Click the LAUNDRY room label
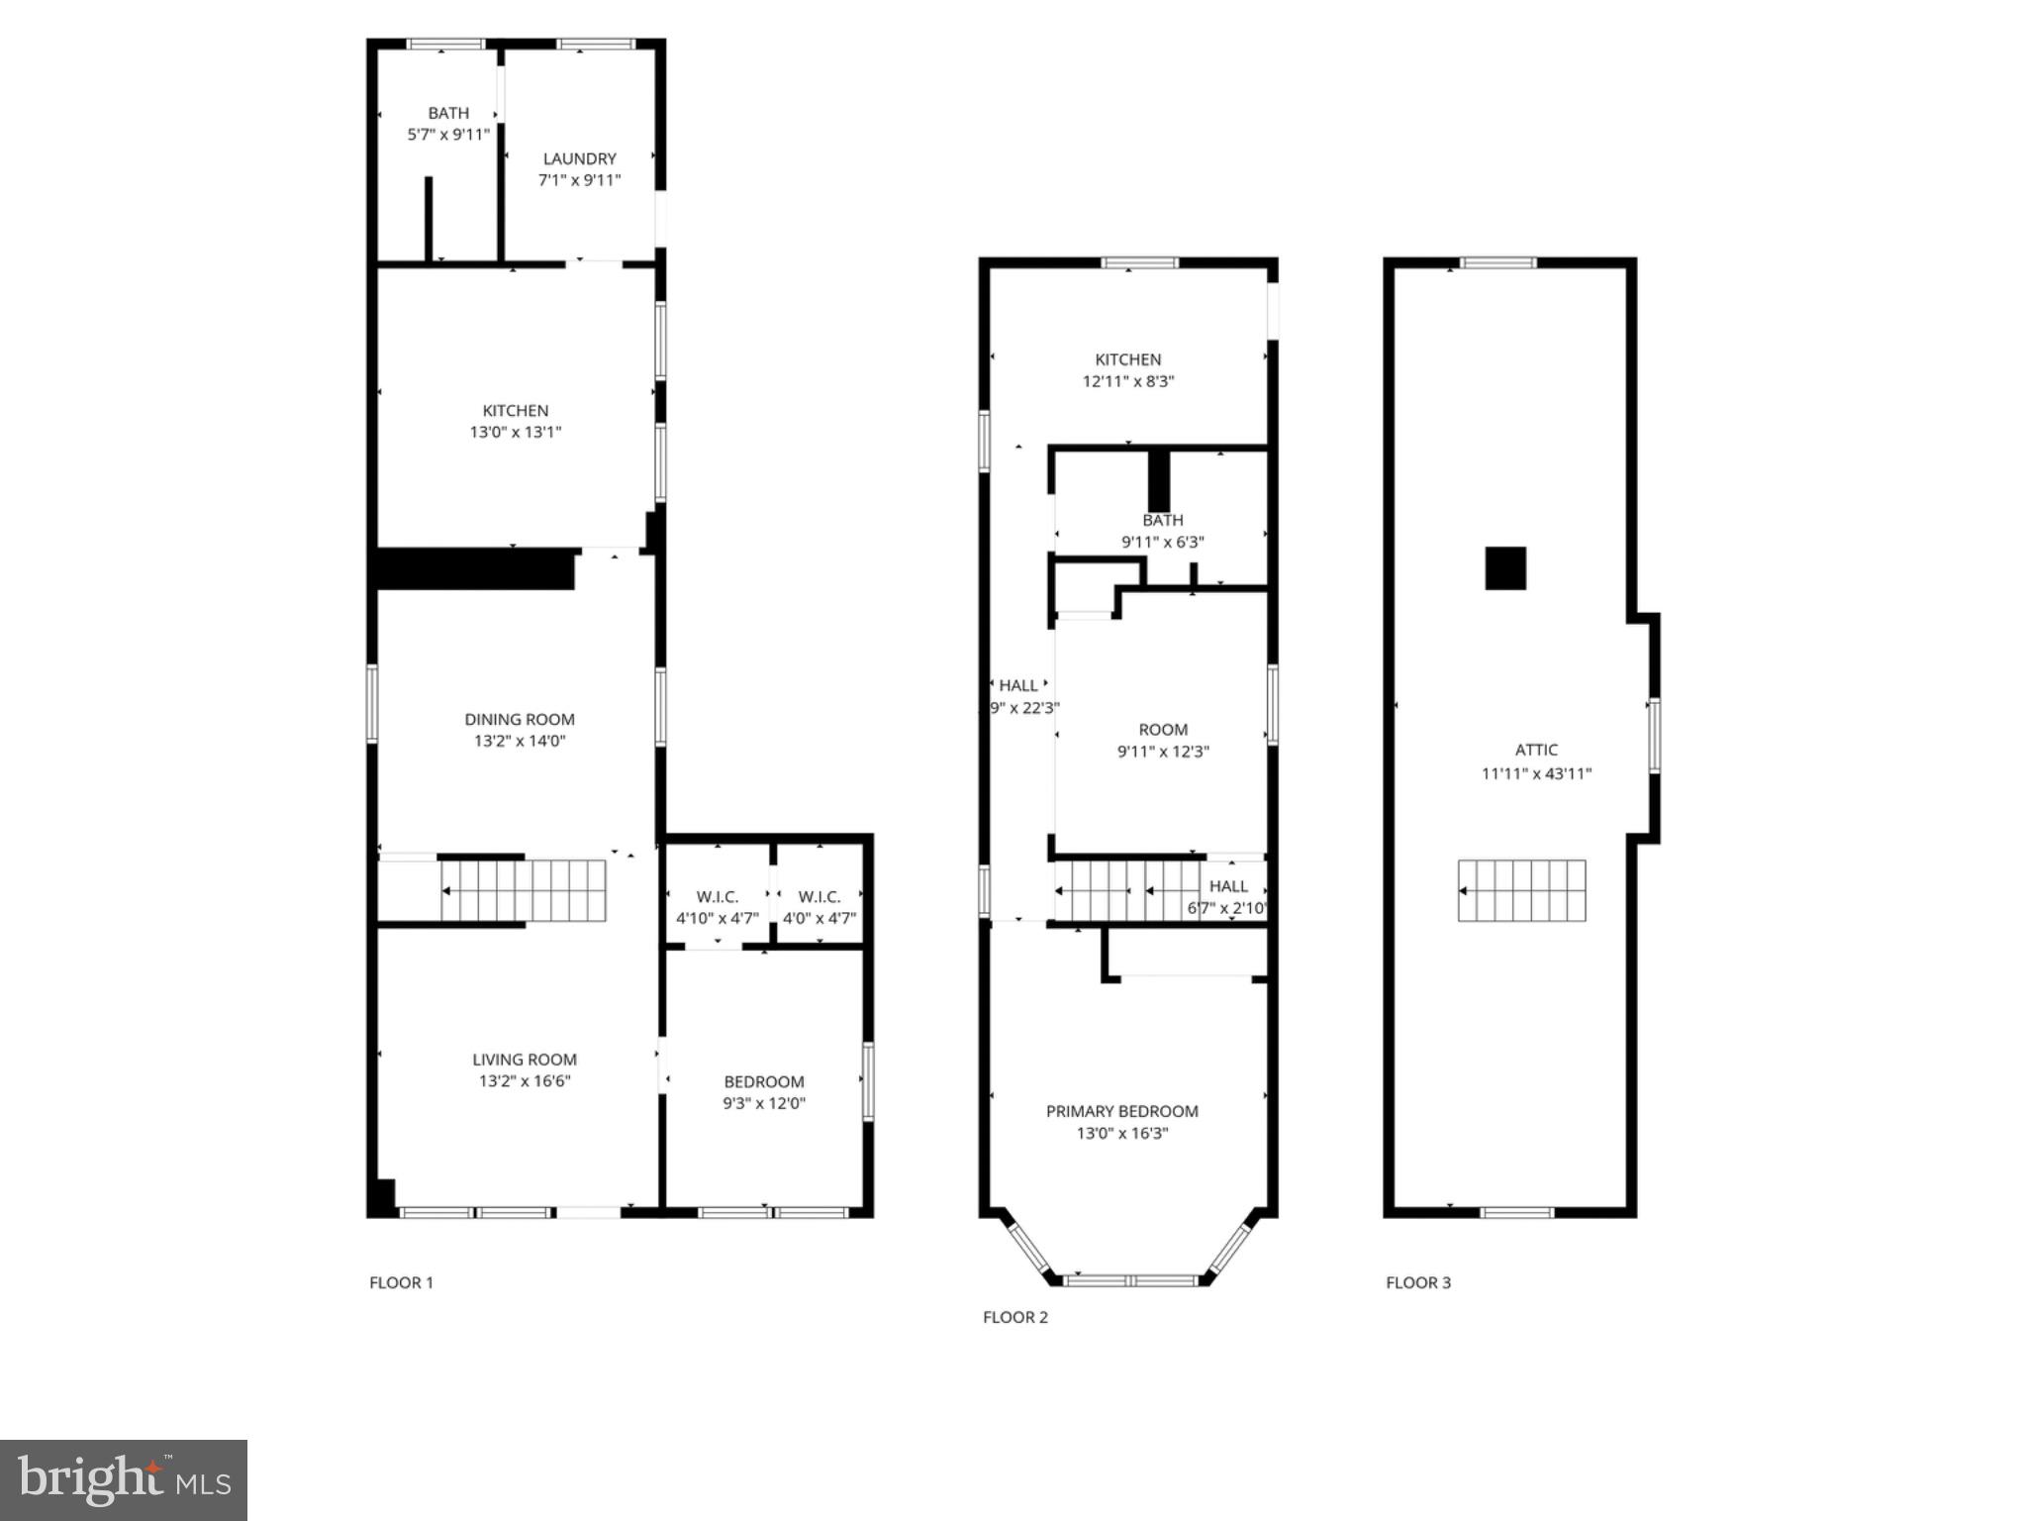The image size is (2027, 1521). point(579,158)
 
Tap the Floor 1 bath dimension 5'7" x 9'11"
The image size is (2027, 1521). point(448,135)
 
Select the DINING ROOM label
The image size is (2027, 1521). point(520,720)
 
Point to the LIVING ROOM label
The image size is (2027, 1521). point(524,1060)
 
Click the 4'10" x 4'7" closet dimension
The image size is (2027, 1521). point(718,919)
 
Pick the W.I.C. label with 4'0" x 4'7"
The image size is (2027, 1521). point(820,897)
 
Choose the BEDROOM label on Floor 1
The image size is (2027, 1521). point(763,1082)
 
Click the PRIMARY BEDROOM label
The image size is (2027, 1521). point(1121,1112)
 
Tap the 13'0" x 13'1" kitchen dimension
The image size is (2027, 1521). point(515,433)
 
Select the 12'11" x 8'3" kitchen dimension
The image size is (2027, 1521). point(1127,381)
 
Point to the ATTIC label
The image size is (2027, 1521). point(1536,751)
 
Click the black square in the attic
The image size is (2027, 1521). point(1504,568)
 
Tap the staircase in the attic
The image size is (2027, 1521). point(1521,890)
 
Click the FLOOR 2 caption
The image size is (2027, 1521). point(1014,1317)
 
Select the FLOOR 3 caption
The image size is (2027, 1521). point(1417,1283)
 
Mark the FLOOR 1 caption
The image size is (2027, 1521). point(401,1283)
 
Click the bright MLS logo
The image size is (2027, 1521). point(124,1480)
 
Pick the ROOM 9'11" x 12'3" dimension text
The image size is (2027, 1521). point(1163,752)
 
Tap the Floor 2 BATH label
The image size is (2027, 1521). point(1162,521)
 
